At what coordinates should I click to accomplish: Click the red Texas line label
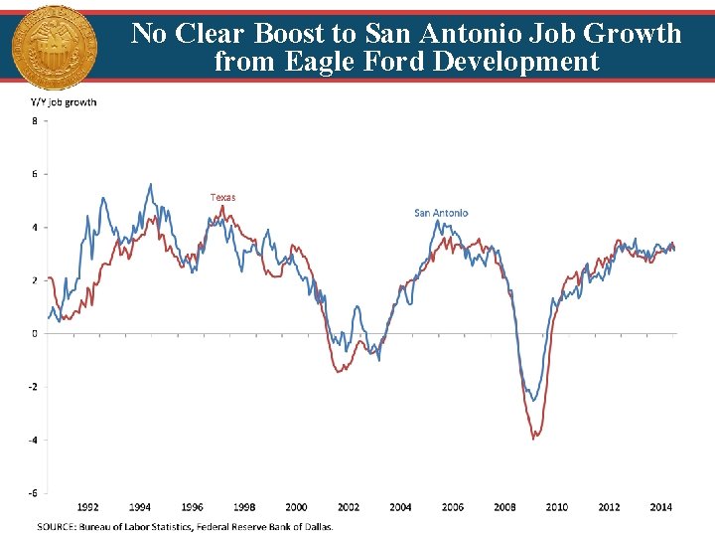tap(223, 197)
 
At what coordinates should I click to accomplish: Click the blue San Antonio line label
tap(441, 213)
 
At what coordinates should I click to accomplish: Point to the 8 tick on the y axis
tap(35, 121)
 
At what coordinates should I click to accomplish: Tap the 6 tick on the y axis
tap(35, 174)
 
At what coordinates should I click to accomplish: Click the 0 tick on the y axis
tap(35, 333)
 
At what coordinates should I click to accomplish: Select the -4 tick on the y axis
tap(33, 440)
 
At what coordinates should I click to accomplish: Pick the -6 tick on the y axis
tap(33, 492)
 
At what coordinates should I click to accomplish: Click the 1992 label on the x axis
tap(88, 507)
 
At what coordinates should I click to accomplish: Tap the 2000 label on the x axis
tap(296, 507)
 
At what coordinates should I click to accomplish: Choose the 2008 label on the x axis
tap(504, 507)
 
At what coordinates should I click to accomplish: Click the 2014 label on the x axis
tap(660, 507)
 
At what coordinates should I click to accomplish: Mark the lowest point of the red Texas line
tap(534, 438)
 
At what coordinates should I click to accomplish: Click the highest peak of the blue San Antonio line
tap(150, 184)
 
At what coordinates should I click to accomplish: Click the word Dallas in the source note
tap(315, 526)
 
